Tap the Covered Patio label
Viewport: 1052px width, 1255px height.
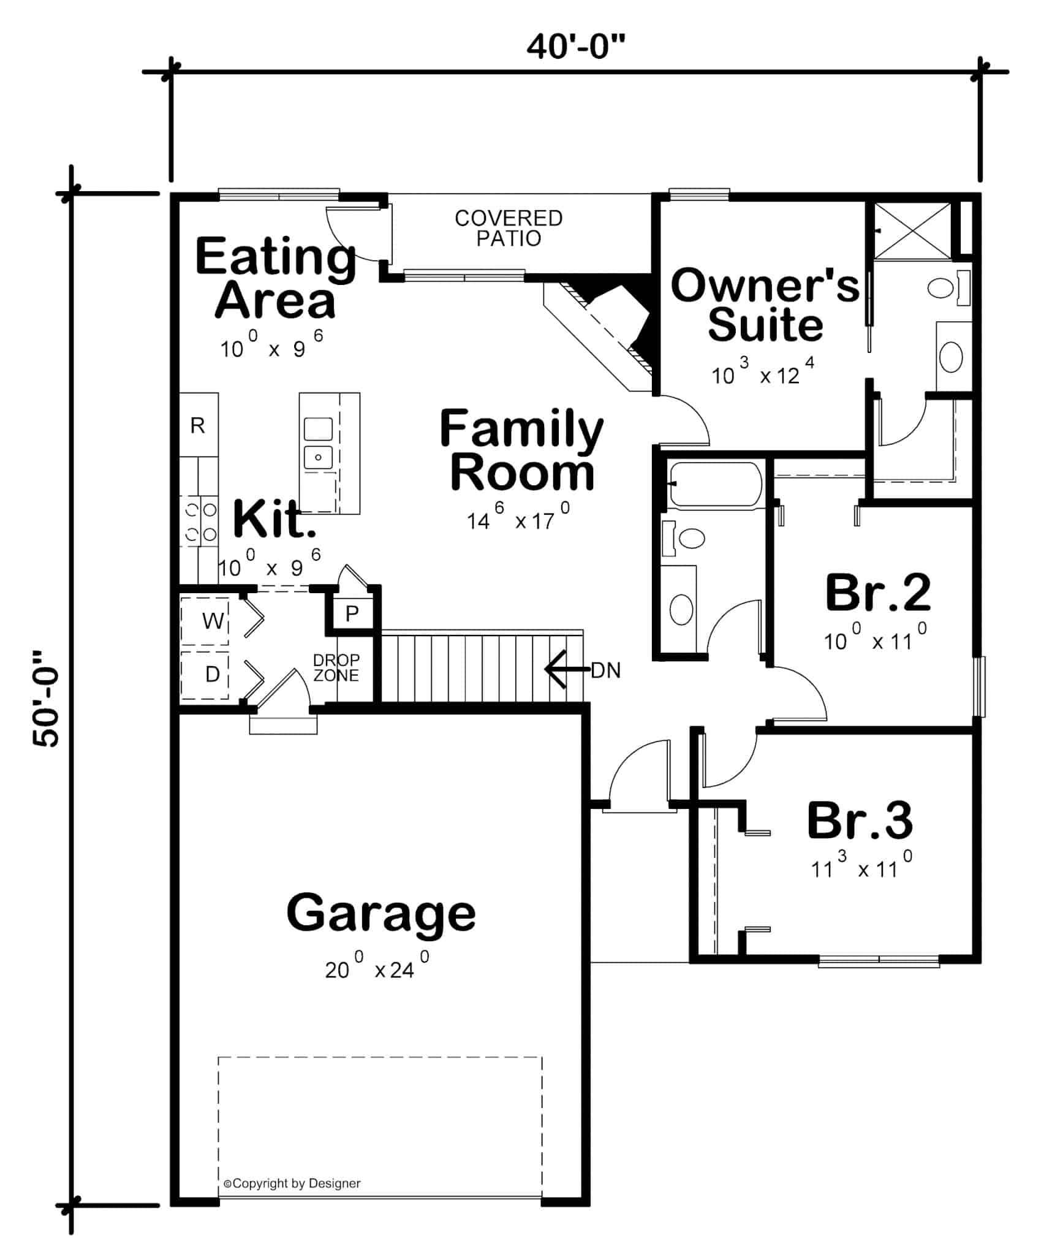coord(508,228)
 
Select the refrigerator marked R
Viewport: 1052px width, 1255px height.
coord(198,425)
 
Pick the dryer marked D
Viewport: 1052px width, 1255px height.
coord(211,674)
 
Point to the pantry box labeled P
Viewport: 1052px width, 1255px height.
coord(352,613)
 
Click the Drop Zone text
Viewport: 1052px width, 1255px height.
coord(336,667)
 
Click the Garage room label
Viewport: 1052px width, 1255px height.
coord(380,913)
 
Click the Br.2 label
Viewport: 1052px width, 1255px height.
coord(877,593)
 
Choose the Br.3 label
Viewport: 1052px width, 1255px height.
coord(860,821)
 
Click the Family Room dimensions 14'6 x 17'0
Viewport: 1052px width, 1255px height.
coord(518,520)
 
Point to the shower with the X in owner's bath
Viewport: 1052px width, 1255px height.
coord(912,231)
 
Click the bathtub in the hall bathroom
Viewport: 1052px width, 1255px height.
coord(715,484)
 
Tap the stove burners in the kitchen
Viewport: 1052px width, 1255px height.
coord(201,521)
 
